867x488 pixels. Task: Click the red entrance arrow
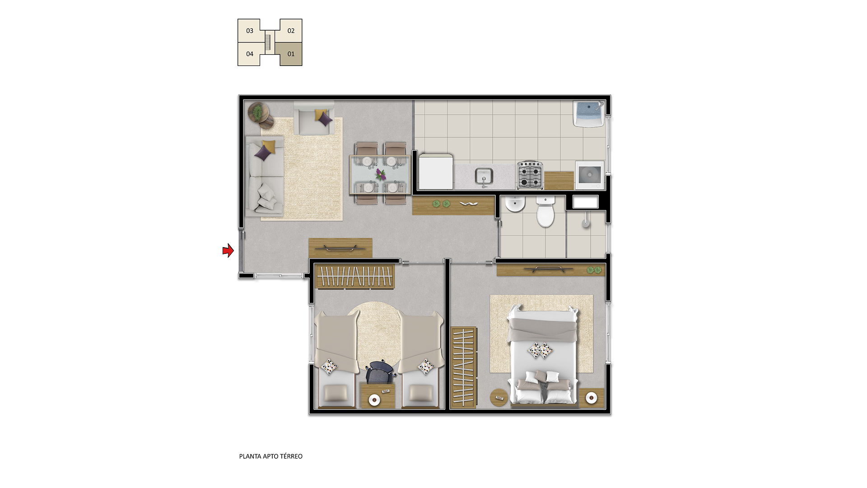tap(228, 250)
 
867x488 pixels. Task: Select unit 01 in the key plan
tap(291, 54)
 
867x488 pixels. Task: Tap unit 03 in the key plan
tap(249, 31)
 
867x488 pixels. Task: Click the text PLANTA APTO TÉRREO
tap(271, 456)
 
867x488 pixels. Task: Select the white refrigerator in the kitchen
tap(435, 172)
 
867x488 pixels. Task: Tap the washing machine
tap(590, 175)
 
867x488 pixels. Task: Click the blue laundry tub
tap(589, 114)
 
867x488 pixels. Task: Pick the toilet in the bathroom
tap(545, 212)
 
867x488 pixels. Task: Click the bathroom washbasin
tap(514, 205)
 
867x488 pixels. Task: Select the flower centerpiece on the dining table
tap(381, 174)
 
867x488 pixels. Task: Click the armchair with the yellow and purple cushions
tap(314, 118)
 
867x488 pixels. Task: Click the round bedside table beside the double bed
tap(499, 398)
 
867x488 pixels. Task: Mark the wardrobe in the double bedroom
tap(463, 367)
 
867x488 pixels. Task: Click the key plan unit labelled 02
tap(291, 31)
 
